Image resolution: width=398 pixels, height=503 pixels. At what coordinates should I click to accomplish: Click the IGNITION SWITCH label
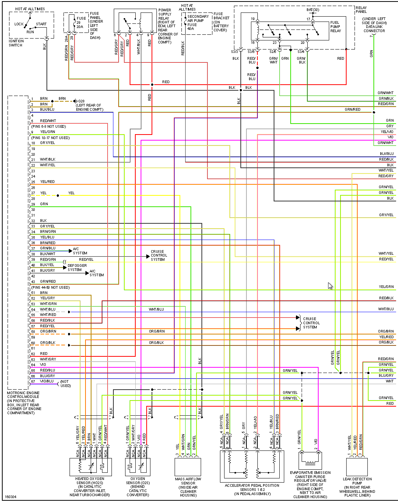(x=16, y=43)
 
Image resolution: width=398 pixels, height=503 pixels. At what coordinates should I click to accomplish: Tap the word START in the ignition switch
(x=41, y=24)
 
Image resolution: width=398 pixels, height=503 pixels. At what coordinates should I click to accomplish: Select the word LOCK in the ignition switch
(x=19, y=24)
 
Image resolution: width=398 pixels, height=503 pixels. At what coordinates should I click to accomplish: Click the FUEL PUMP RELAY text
(x=335, y=26)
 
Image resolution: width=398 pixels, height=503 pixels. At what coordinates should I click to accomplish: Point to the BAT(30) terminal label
(x=313, y=10)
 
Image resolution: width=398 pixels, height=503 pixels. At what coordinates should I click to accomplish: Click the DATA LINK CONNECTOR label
(x=374, y=25)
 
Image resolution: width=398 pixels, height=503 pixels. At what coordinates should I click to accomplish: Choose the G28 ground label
(x=81, y=101)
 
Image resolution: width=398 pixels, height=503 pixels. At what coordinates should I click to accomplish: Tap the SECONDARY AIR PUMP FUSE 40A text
(x=198, y=22)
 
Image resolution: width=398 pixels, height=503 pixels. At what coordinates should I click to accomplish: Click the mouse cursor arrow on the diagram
(x=330, y=286)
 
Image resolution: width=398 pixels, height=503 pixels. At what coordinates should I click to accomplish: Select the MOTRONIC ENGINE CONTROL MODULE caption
(x=24, y=403)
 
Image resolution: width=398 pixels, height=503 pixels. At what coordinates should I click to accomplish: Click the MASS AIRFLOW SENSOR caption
(x=188, y=487)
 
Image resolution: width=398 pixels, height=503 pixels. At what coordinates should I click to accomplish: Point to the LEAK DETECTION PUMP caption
(x=357, y=487)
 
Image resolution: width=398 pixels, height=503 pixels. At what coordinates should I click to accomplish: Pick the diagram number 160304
(x=11, y=497)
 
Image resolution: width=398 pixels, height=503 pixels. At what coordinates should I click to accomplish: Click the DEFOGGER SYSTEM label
(x=77, y=268)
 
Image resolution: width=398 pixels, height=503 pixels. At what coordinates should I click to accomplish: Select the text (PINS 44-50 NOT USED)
(x=51, y=288)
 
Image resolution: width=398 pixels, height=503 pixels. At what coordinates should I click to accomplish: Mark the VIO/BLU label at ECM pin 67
(x=48, y=381)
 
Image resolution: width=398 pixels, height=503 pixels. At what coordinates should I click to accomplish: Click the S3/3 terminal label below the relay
(x=234, y=51)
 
